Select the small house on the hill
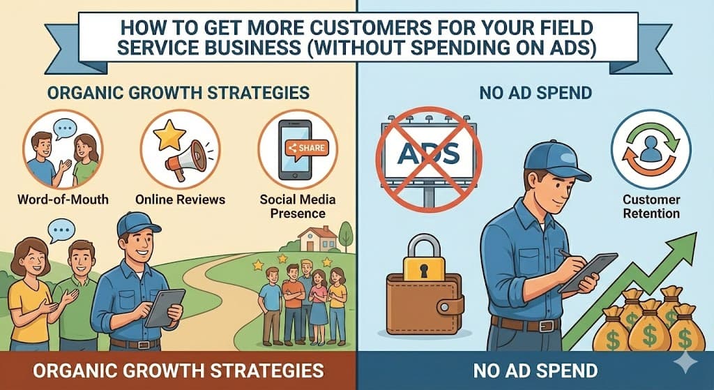(317, 238)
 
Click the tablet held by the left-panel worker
(165, 307)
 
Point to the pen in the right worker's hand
(562, 255)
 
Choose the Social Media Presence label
(298, 206)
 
